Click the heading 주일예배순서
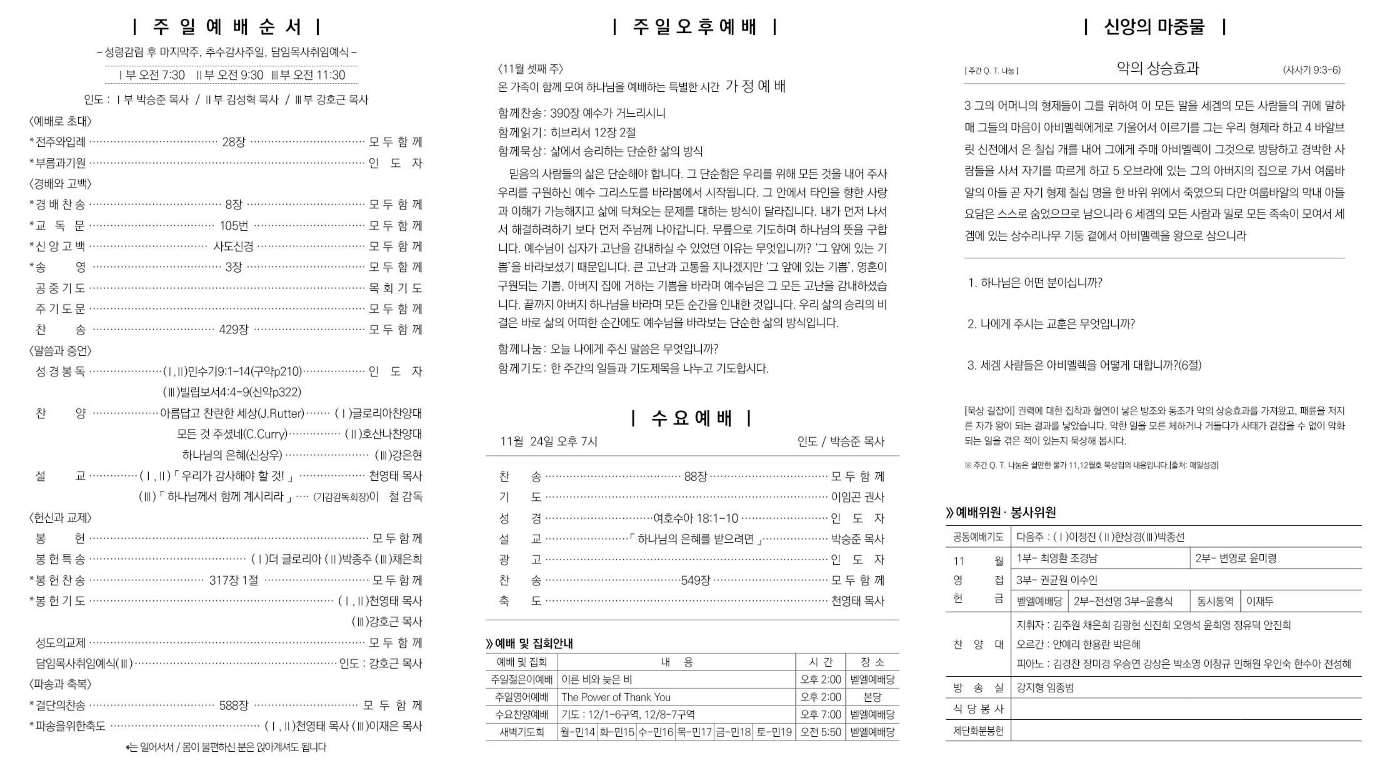click(x=227, y=26)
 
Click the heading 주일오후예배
click(x=694, y=26)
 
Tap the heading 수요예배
click(x=691, y=418)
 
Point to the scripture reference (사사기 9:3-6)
click(x=1311, y=70)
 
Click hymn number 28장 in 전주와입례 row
click(x=234, y=142)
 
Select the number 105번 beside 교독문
click(x=234, y=226)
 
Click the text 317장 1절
click(x=234, y=580)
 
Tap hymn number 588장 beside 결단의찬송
click(x=234, y=705)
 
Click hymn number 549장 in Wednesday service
click(x=695, y=580)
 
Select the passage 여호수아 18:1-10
click(x=695, y=518)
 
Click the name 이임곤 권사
click(x=857, y=497)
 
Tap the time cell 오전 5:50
click(x=820, y=732)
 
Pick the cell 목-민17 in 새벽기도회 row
click(x=694, y=732)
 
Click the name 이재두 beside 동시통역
click(x=1260, y=601)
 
